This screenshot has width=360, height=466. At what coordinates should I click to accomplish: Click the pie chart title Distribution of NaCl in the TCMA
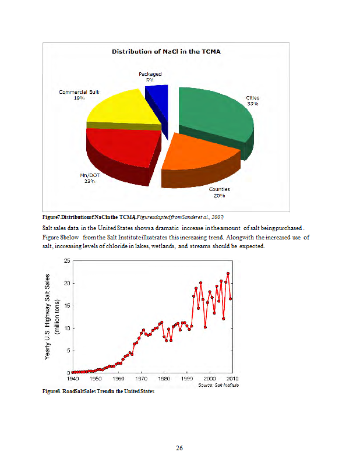coord(166,51)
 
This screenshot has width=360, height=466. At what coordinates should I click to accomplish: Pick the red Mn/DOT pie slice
coord(119,149)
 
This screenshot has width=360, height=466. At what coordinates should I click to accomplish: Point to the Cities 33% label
coord(252,100)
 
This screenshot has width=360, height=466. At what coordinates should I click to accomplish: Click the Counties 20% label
coord(219,192)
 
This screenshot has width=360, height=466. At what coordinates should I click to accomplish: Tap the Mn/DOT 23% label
coord(90,178)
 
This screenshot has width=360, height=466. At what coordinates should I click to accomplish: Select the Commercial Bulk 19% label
coord(79,95)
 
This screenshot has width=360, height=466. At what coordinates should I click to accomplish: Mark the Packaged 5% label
coord(150,77)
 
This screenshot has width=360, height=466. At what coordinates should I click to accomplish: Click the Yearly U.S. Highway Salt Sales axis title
coord(51,316)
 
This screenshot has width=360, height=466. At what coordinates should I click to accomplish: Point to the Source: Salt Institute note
coord(218,385)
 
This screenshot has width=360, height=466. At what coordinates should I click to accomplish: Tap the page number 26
coord(179,448)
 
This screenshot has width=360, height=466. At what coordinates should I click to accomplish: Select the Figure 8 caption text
coord(98,391)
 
